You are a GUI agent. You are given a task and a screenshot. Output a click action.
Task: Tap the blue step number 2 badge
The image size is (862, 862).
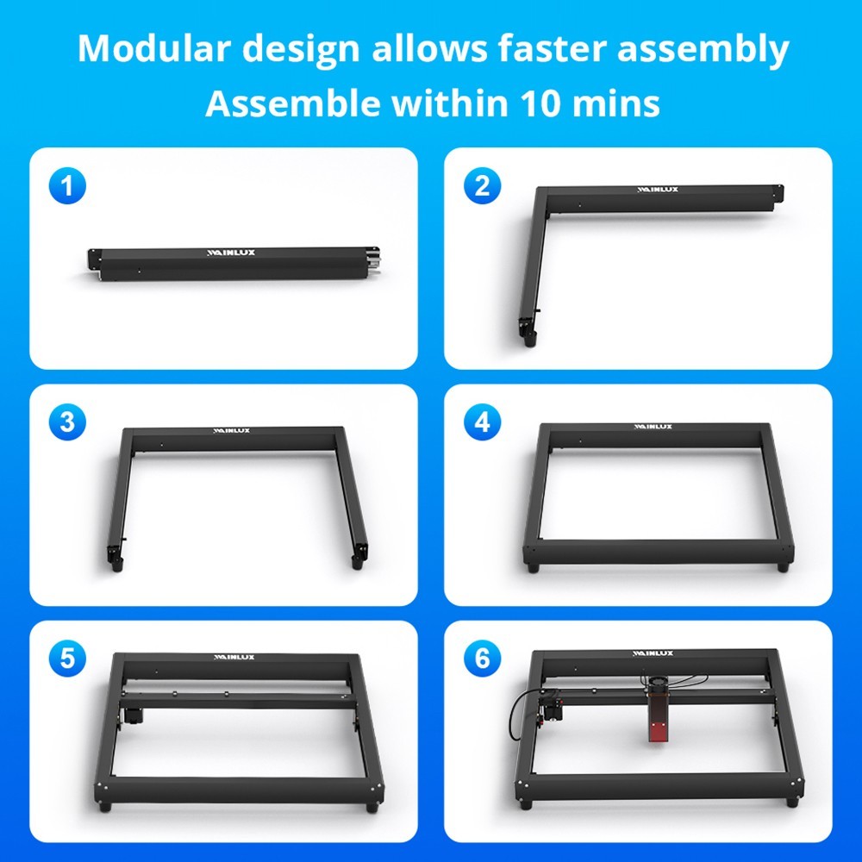coord(481,186)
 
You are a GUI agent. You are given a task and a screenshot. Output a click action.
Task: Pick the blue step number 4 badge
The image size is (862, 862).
coord(481,422)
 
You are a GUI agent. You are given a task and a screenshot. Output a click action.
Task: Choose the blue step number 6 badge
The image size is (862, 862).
coord(481,659)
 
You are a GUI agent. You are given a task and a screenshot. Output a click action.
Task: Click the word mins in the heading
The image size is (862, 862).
coord(619,104)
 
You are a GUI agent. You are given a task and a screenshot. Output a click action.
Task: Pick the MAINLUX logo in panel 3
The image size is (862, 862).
coord(232,429)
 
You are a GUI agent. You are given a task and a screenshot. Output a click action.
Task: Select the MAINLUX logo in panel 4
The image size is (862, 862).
coord(653,426)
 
